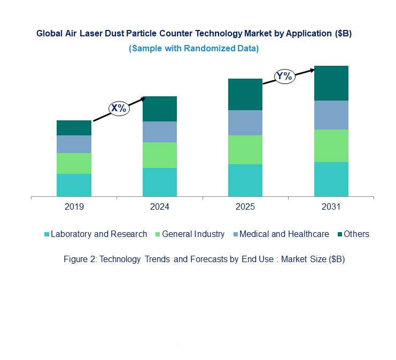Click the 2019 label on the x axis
click(x=74, y=207)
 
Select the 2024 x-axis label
click(x=159, y=207)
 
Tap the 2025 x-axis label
click(x=245, y=207)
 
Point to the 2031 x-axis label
click(x=331, y=207)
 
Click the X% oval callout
click(x=119, y=108)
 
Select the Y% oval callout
click(x=284, y=76)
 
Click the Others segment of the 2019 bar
click(x=74, y=128)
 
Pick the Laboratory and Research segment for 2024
click(x=159, y=182)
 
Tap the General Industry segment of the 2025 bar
click(x=245, y=150)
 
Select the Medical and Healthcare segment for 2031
click(x=331, y=115)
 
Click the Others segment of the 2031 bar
click(x=331, y=83)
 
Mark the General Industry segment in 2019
click(x=74, y=163)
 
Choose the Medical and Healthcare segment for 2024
click(x=159, y=132)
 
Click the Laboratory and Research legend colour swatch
click(x=47, y=234)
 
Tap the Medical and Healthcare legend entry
click(x=284, y=234)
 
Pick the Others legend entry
click(x=356, y=234)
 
